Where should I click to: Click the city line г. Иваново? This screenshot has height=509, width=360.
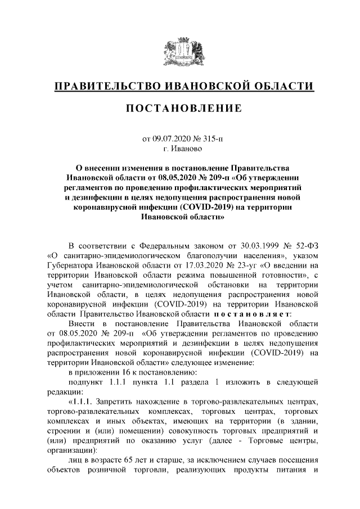[180, 148]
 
